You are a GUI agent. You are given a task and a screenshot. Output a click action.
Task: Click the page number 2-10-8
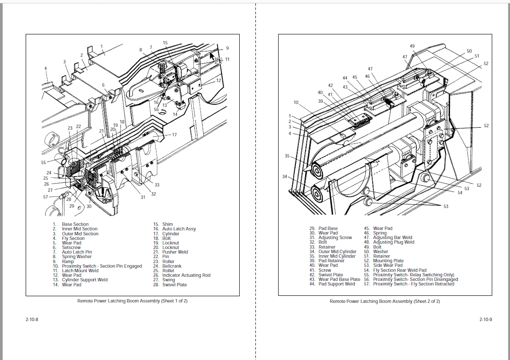pyautogui.click(x=31, y=319)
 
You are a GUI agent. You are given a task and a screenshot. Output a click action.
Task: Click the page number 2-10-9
pyautogui.click(x=486, y=319)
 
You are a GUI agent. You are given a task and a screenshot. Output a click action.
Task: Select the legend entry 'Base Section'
pyautogui.click(x=75, y=224)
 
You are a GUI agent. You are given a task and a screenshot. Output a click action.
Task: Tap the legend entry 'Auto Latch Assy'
pyautogui.click(x=179, y=229)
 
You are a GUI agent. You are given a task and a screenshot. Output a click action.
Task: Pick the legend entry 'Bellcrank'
pyautogui.click(x=172, y=266)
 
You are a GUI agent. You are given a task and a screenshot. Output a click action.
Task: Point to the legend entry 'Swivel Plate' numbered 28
pyautogui.click(x=174, y=285)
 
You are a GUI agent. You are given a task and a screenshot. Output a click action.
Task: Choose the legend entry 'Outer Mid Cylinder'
pyautogui.click(x=337, y=251)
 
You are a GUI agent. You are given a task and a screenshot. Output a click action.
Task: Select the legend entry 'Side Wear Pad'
pyautogui.click(x=387, y=265)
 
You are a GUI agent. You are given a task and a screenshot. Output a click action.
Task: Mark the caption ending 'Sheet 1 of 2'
pyautogui.click(x=132, y=301)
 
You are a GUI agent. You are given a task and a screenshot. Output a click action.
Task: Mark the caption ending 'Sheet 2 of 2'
pyautogui.click(x=385, y=301)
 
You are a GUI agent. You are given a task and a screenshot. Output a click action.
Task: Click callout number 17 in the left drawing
pyautogui.click(x=174, y=135)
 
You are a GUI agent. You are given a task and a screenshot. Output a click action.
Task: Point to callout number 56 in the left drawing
pyautogui.click(x=156, y=109)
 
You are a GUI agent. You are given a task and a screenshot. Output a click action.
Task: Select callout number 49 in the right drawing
pyautogui.click(x=412, y=46)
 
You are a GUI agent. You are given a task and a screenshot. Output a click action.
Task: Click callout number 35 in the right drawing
pyautogui.click(x=287, y=156)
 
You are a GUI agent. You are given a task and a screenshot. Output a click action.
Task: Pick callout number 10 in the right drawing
pyautogui.click(x=296, y=102)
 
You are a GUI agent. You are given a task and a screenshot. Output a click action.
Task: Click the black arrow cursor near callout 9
pyautogui.click(x=212, y=56)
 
